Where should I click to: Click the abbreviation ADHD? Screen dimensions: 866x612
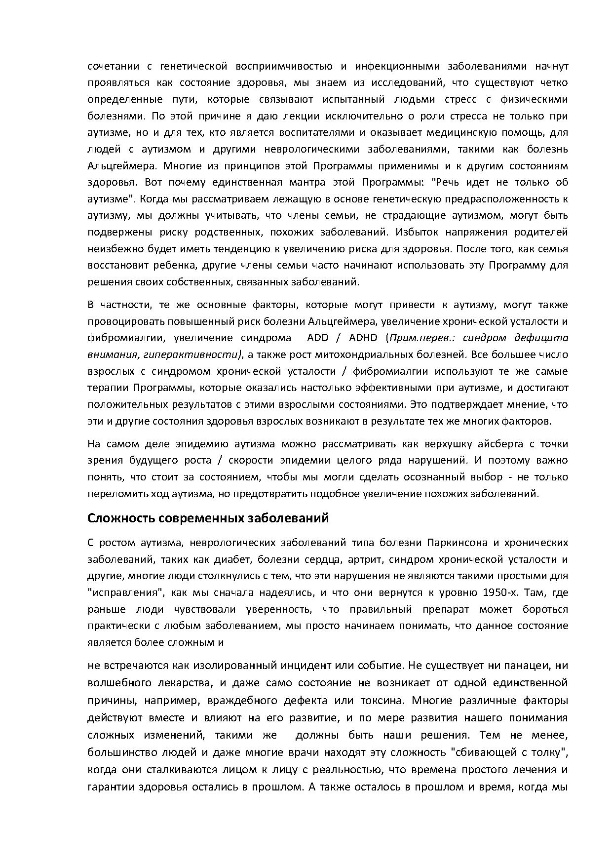[x=364, y=338]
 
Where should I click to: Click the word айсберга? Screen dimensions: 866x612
[x=500, y=444]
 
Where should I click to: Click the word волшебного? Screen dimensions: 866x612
[x=119, y=683]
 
